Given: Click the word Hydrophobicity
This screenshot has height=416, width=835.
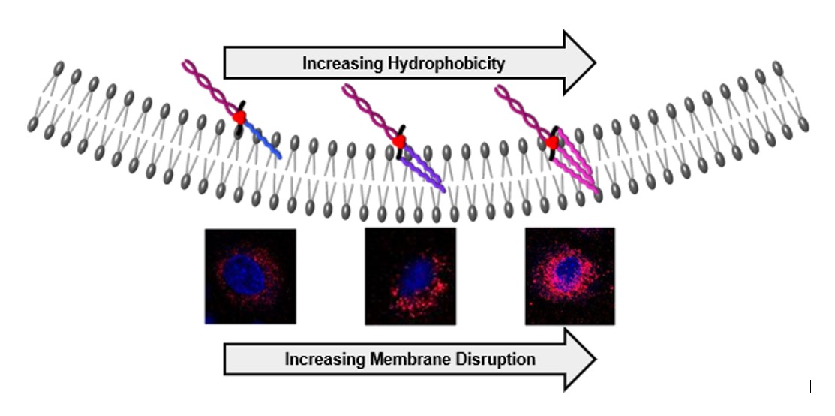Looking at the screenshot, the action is pos(446,64).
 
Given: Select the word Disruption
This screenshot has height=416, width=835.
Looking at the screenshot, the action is pos(496,360).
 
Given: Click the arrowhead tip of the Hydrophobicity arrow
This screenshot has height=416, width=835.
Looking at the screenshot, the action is pos(595,63).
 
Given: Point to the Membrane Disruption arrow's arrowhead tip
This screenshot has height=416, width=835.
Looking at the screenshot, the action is pos(595,360).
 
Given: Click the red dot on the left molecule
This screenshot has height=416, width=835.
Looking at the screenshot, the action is pos(239,117).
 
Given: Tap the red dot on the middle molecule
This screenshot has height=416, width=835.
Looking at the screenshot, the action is pos(399,142).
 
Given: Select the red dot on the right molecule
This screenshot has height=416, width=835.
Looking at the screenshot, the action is pos(551,143).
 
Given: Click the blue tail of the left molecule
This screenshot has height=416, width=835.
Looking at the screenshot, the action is pos(263,140).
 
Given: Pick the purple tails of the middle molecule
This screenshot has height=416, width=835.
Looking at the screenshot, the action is pos(424,168).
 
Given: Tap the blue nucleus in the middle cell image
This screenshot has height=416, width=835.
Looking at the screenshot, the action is pos(416,277).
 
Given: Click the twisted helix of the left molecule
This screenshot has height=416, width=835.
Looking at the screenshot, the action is pos(209,87).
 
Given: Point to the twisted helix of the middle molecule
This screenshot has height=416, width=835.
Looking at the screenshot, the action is pos(370,112).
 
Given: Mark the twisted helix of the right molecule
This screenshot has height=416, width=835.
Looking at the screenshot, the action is pos(523,113).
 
